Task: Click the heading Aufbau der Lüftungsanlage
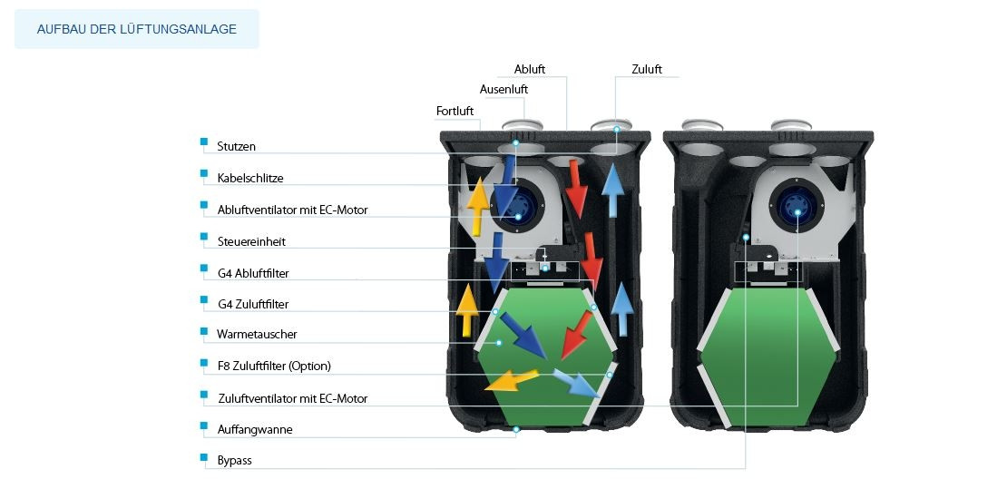[x=137, y=29]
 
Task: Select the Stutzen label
[x=237, y=146]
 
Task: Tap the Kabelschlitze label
[x=250, y=178]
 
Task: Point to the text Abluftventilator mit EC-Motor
[x=292, y=210]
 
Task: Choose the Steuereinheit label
[x=251, y=241]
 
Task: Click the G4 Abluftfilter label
[x=253, y=273]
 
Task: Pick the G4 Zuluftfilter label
[x=253, y=304]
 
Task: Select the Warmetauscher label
[x=257, y=334]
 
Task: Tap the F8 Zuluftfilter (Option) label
[x=274, y=366]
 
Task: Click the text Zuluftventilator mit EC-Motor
[x=293, y=398]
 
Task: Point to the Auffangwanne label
[x=255, y=430]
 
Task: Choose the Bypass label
[x=234, y=461]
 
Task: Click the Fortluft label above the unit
[x=455, y=111]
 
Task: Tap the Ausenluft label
[x=503, y=89]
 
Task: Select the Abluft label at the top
[x=530, y=69]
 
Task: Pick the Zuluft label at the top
[x=647, y=69]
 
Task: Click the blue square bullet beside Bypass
[x=203, y=457]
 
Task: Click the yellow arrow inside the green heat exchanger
[x=511, y=379]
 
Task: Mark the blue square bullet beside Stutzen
[x=203, y=142]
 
